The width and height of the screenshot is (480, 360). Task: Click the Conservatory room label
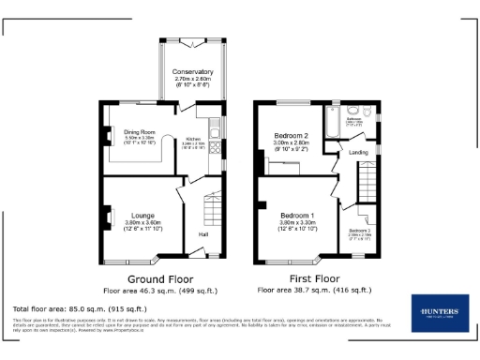(x=192, y=71)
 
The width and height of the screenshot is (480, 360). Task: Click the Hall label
(x=202, y=233)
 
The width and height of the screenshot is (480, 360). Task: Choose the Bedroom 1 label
(x=296, y=216)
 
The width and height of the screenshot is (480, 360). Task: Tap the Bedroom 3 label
(x=360, y=230)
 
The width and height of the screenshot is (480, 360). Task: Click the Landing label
(x=357, y=151)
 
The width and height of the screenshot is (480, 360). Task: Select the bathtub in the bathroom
(x=333, y=120)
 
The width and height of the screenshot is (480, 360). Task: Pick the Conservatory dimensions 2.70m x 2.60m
(x=192, y=79)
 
